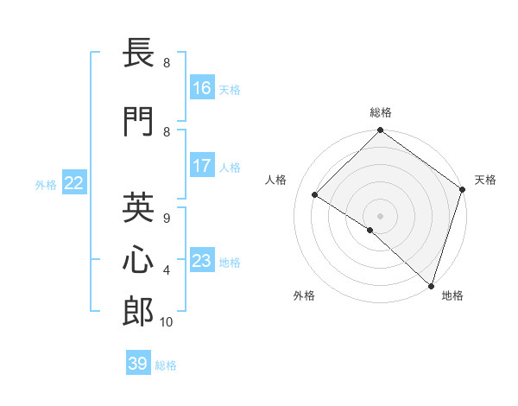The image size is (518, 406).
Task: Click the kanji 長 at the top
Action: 139,55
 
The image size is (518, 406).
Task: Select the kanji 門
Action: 139,122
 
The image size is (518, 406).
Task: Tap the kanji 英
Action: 139,208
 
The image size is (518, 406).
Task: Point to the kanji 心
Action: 139,260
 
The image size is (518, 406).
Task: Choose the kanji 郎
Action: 139,312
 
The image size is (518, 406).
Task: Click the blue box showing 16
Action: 202,88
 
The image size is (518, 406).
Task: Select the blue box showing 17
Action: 202,166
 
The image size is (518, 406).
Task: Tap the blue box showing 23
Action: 202,261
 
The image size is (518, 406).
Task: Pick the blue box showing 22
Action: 74,183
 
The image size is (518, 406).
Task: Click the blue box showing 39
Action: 138,364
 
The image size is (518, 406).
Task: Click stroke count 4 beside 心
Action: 167,270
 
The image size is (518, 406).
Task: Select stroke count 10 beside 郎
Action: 167,322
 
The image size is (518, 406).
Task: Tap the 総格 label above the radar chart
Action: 381,112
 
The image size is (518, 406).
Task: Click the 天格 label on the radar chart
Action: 485,180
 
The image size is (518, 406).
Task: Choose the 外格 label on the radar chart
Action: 304,295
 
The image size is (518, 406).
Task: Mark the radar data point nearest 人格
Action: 315,195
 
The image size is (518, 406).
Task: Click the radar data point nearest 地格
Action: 431,284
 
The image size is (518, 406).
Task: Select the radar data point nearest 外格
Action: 370,230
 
